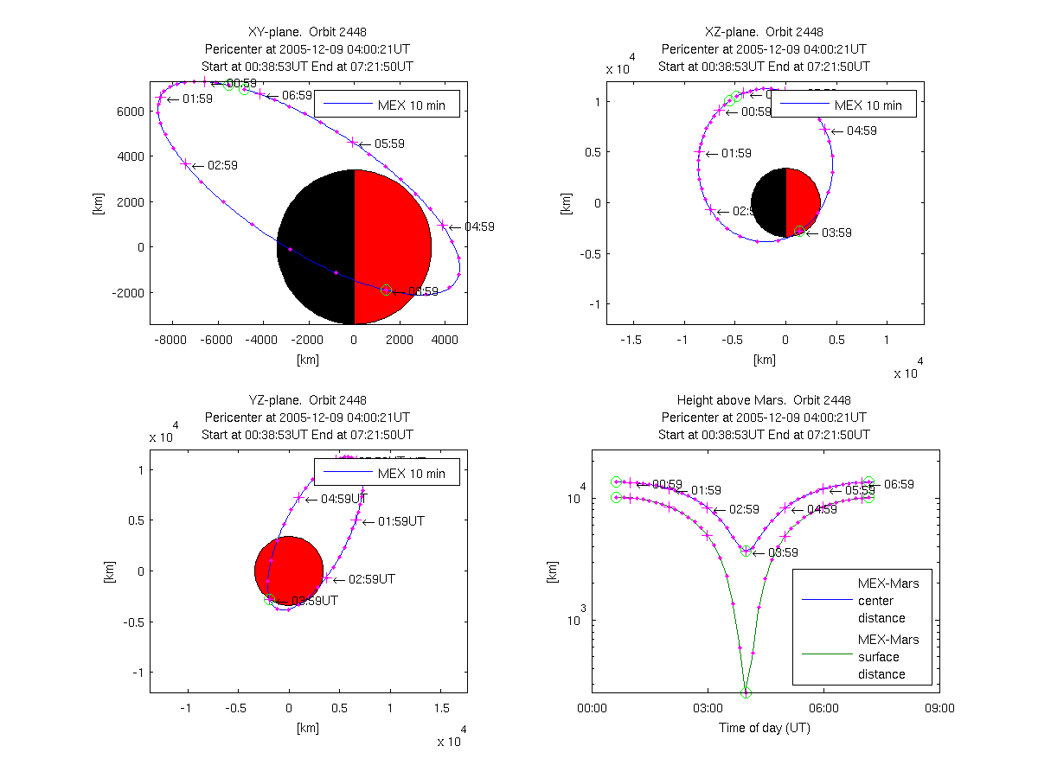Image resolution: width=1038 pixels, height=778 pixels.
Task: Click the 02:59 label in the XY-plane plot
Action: (x=222, y=165)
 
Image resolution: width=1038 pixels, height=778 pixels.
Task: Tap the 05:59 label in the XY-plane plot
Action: (x=389, y=144)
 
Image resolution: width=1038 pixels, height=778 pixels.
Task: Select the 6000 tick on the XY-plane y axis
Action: (x=131, y=112)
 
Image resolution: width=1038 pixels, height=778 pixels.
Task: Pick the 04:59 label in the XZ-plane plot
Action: (x=861, y=131)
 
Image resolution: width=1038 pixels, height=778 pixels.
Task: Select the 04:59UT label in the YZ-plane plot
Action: (x=343, y=500)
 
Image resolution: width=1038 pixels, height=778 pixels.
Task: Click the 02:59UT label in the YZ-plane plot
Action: (x=371, y=580)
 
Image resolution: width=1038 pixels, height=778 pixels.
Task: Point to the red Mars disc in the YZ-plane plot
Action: (x=289, y=571)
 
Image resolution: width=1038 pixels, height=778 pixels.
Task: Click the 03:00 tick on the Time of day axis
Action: (x=708, y=708)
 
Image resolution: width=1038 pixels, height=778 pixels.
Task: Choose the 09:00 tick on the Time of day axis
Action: (x=939, y=708)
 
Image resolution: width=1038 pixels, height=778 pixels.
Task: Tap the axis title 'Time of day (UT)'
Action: (x=765, y=728)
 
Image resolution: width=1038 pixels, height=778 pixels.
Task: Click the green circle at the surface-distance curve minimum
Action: (x=746, y=693)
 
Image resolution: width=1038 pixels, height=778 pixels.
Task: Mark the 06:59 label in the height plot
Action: (x=899, y=485)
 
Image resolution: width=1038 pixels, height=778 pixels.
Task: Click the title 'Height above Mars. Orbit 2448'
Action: (x=764, y=400)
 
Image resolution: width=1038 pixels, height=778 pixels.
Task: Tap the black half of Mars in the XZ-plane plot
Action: (x=769, y=203)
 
